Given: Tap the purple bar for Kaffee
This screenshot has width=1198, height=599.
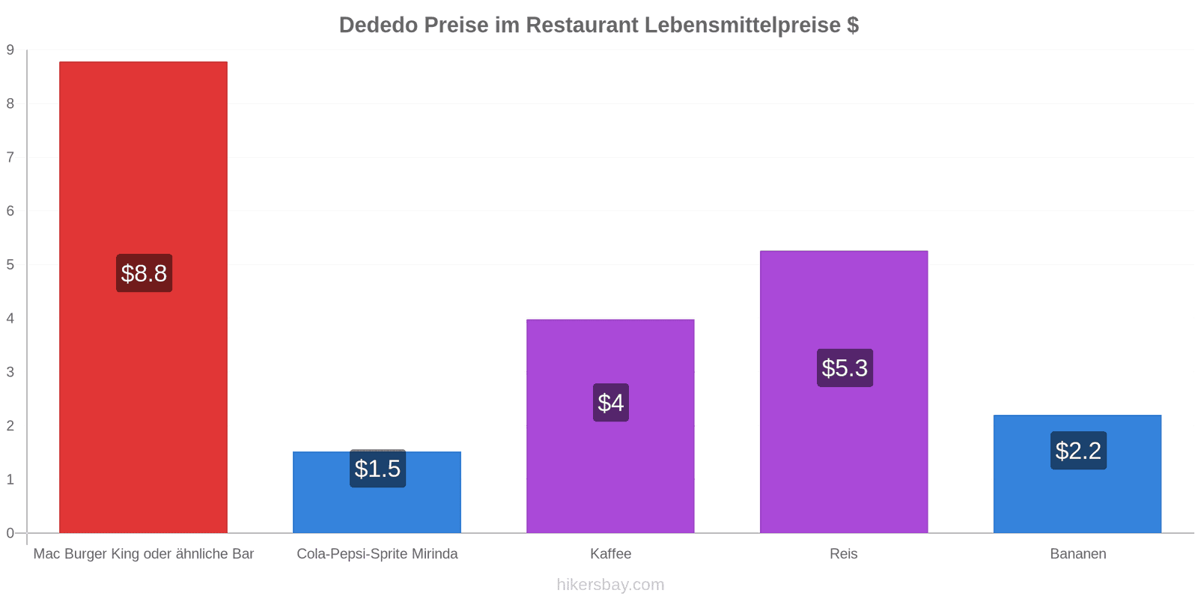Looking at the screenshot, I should click(610, 464).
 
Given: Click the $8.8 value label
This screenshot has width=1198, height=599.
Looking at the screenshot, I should click(144, 273).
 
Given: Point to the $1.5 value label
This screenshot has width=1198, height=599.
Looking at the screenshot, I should click(377, 469).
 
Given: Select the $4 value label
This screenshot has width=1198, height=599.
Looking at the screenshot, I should click(611, 403).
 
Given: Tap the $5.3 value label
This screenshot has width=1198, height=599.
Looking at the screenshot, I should click(845, 368).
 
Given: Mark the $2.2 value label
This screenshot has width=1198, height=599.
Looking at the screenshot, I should click(1078, 451).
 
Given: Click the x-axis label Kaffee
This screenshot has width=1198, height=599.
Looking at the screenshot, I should click(610, 554).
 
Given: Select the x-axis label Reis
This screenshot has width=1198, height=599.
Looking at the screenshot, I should click(844, 554).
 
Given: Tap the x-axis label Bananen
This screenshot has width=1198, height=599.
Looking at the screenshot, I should click(1077, 554).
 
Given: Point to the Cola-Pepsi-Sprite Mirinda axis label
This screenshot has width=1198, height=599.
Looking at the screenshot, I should click(377, 554).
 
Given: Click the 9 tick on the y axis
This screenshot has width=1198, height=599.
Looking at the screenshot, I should click(10, 50).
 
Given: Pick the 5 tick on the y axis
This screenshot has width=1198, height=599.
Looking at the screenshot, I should click(10, 265).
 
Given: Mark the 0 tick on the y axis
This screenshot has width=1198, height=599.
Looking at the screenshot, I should click(10, 533).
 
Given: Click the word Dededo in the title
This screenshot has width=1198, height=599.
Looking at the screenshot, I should click(378, 25).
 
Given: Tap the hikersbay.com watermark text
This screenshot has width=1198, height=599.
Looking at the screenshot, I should click(610, 585).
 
